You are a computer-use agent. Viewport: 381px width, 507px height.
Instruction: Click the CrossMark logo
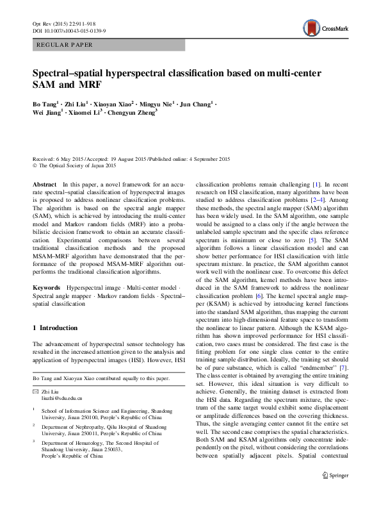324,28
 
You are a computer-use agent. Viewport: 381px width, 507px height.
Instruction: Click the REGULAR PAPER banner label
66,45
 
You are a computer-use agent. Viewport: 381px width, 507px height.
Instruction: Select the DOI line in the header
69,30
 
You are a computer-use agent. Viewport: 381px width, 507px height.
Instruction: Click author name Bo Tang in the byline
45,103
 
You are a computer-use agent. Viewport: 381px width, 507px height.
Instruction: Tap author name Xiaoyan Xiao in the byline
115,103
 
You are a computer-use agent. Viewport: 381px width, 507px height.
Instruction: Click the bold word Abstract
44,183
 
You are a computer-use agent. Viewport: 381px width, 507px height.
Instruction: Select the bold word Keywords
47,288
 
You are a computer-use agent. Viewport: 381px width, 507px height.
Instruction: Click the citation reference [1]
316,183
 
